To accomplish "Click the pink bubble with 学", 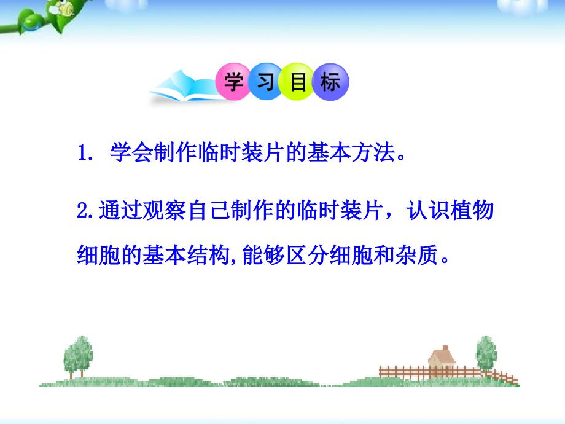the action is coord(233,81).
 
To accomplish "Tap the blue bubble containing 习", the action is coord(265,81).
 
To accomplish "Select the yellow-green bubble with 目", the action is coord(298,82).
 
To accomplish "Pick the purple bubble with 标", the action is coord(330,82).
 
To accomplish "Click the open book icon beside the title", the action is coord(184,87).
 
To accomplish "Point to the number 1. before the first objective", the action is coord(85,152).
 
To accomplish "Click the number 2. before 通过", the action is coord(86,210).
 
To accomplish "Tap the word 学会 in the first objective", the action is coord(131,152).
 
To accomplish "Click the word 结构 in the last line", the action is coord(208,254).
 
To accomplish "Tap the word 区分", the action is coord(308,254).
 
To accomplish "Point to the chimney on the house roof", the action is coord(445,348).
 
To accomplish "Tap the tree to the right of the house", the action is coord(486,353).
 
